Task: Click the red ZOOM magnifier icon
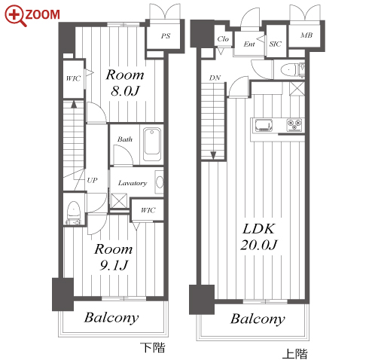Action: pyautogui.click(x=15, y=16)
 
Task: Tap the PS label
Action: pyautogui.click(x=166, y=36)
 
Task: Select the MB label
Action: pyautogui.click(x=306, y=35)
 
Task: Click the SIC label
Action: pyautogui.click(x=275, y=44)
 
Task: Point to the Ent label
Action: pyautogui.click(x=249, y=44)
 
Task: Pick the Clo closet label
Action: pyautogui.click(x=223, y=39)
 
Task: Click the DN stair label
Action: pyautogui.click(x=215, y=78)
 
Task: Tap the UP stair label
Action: pyautogui.click(x=92, y=180)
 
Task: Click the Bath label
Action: pyautogui.click(x=125, y=139)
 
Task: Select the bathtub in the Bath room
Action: pyautogui.click(x=152, y=145)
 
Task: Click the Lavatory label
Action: pyautogui.click(x=133, y=183)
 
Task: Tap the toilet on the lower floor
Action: pyautogui.click(x=73, y=212)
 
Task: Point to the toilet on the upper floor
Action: pyautogui.click(x=292, y=69)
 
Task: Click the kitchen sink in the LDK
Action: pyautogui.click(x=264, y=125)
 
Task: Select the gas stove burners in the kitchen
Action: pyautogui.click(x=294, y=124)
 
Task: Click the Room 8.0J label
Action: pyautogui.click(x=125, y=82)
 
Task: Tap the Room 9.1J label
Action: pyautogui.click(x=114, y=257)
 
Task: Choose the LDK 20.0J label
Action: pyautogui.click(x=259, y=236)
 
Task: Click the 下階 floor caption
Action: pyautogui.click(x=153, y=348)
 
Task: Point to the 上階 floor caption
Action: pyautogui.click(x=294, y=354)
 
